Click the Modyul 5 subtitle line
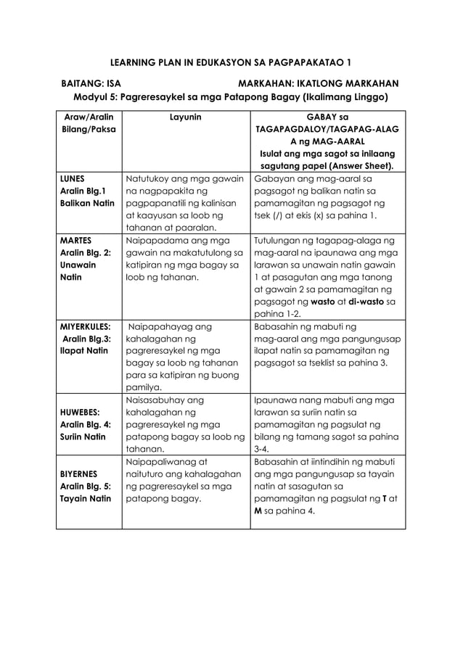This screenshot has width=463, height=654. [231, 97]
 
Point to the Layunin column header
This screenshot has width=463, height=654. [186, 116]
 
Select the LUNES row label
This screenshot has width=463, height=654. [72, 178]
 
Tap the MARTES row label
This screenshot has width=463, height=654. [75, 239]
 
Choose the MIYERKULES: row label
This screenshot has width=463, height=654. [85, 326]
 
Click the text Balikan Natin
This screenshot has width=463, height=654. [86, 203]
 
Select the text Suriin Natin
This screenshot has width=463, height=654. [84, 436]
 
